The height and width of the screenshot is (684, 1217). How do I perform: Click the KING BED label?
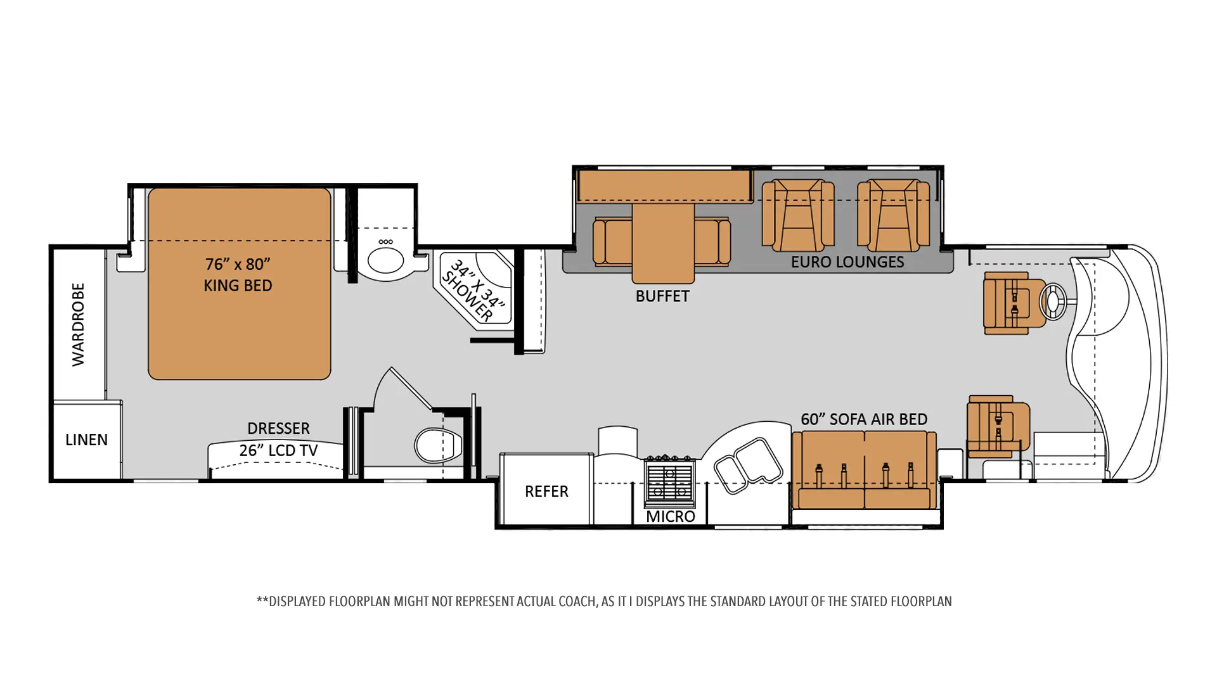click(238, 286)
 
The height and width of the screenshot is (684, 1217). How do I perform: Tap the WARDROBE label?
click(78, 324)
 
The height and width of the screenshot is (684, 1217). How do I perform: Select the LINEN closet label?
click(86, 440)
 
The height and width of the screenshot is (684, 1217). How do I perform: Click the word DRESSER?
click(278, 429)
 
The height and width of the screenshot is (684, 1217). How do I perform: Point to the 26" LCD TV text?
click(278, 450)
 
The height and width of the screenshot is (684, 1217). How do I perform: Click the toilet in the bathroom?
click(438, 445)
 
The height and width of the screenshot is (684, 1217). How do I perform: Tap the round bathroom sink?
click(385, 260)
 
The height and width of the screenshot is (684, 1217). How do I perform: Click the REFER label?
click(546, 491)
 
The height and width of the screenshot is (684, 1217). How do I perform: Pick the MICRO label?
click(670, 517)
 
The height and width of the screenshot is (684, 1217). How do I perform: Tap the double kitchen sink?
click(748, 465)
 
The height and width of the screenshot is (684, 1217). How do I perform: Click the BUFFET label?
click(662, 296)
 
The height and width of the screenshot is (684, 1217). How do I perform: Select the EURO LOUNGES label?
click(847, 262)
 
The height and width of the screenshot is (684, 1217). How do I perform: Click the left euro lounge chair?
click(798, 215)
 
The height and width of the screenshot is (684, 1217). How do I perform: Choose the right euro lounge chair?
click(893, 215)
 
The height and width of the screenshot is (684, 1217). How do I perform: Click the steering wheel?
click(1053, 301)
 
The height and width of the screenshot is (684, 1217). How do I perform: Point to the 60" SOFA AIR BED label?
click(864, 419)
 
